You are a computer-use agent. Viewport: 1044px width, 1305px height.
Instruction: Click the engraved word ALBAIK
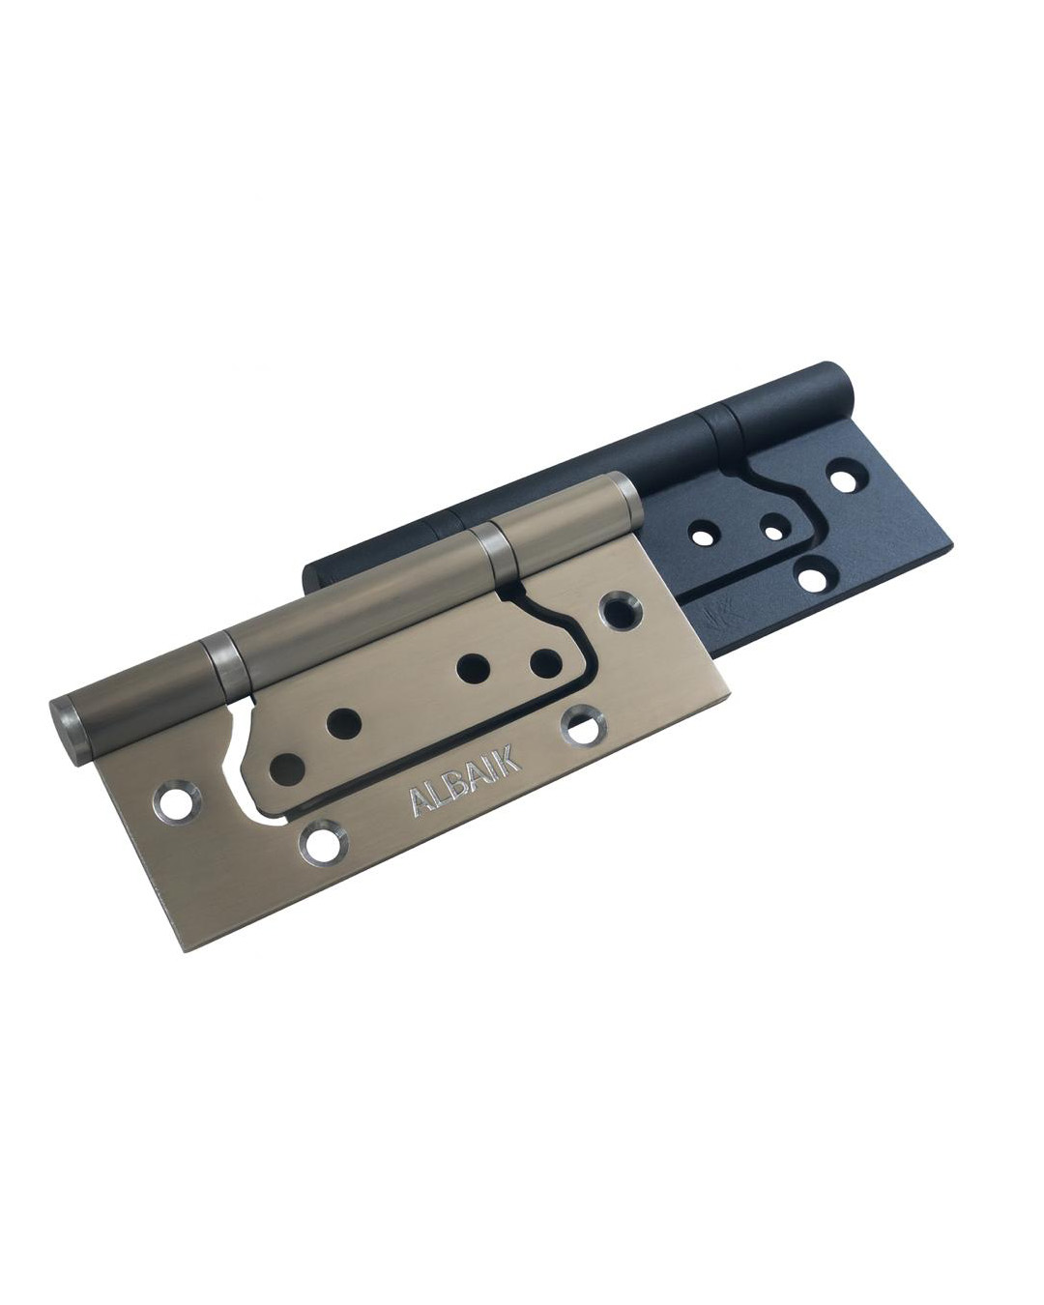tap(465, 782)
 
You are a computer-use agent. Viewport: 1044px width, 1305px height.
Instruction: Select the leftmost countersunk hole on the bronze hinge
tap(178, 802)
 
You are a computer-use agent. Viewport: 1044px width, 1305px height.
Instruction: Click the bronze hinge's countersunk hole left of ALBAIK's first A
tap(323, 844)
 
